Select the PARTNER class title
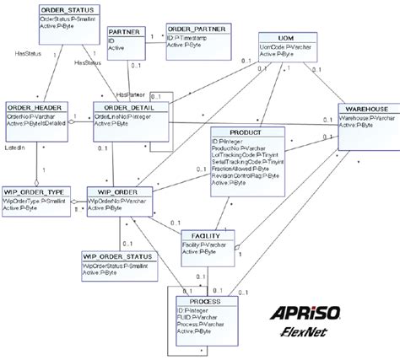click(123, 31)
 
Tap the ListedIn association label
click(15, 148)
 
